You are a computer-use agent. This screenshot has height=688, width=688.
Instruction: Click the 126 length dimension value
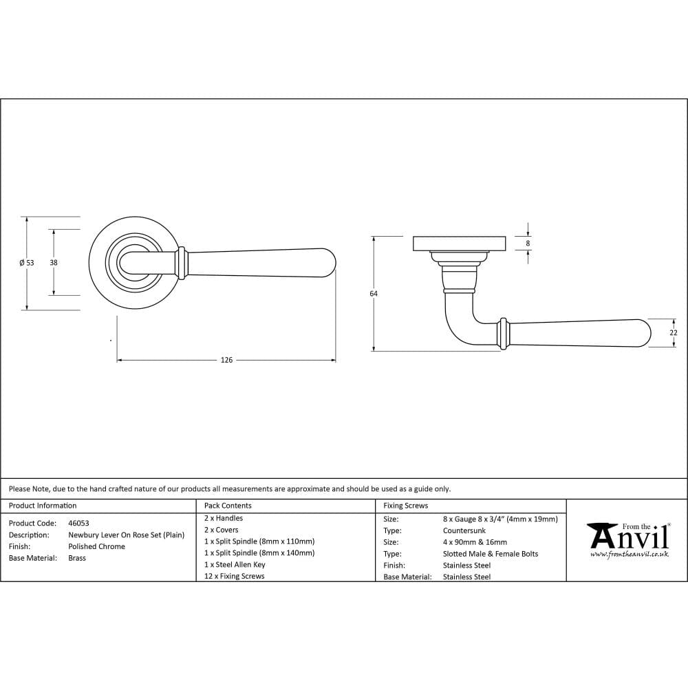(x=226, y=360)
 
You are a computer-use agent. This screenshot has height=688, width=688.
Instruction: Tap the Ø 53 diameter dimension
(x=26, y=263)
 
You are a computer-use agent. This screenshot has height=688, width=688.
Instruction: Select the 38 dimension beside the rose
(x=53, y=263)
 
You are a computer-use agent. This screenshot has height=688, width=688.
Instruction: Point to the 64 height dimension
(x=374, y=294)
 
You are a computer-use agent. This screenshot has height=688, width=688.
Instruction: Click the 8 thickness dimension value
(x=528, y=243)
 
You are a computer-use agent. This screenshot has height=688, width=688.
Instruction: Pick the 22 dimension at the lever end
(x=674, y=332)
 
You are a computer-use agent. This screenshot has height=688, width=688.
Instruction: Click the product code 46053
(x=78, y=523)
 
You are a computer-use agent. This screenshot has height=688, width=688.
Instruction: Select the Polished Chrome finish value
(x=96, y=546)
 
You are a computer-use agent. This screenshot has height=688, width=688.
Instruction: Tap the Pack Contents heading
(x=228, y=506)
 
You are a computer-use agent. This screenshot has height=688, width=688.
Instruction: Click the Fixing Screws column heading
(x=405, y=506)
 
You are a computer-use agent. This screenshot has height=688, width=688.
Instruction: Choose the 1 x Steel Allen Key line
(x=235, y=564)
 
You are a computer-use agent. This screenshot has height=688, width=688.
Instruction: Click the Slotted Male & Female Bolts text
(x=491, y=554)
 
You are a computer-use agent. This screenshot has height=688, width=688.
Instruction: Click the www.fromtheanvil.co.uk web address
(x=629, y=554)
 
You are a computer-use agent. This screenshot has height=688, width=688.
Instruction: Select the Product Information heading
(x=43, y=506)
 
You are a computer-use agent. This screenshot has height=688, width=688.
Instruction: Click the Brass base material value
(x=77, y=558)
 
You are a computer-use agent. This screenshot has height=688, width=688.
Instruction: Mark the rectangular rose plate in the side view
(x=459, y=244)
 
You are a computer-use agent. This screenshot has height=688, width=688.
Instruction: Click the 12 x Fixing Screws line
(x=234, y=576)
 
